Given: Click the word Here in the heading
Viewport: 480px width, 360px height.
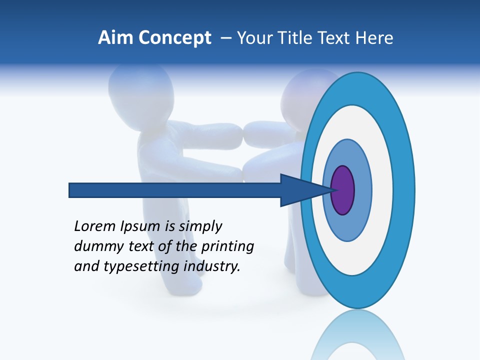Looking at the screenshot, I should pyautogui.click(x=374, y=38).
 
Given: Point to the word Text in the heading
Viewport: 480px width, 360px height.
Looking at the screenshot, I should pyautogui.click(x=337, y=38).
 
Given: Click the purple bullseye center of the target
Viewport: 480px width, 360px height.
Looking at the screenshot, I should pyautogui.click(x=343, y=190).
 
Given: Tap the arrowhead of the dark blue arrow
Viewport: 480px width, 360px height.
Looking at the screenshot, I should pyautogui.click(x=300, y=190).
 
